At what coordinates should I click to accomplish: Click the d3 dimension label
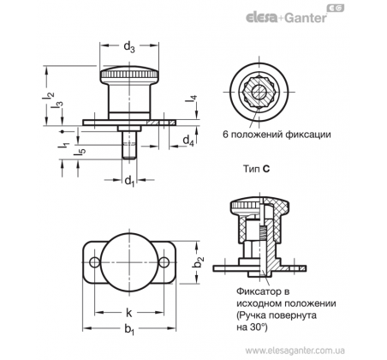(129, 47)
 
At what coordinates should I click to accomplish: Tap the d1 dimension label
(129, 181)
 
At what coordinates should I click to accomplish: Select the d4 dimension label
(188, 141)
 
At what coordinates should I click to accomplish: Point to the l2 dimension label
(49, 96)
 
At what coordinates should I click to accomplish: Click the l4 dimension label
(192, 99)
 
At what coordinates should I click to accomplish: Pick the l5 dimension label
(80, 152)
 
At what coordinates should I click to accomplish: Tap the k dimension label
(129, 313)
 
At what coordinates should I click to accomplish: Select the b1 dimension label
(129, 330)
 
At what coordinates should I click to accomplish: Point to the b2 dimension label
(198, 262)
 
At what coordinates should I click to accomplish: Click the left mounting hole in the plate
(94, 262)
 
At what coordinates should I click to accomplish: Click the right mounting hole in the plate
(164, 262)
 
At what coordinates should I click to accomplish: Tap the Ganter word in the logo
(305, 18)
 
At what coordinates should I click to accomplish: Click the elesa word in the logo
(261, 18)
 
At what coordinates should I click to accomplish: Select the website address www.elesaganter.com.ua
(295, 351)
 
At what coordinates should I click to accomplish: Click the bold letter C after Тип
(266, 169)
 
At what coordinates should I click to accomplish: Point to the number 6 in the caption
(225, 135)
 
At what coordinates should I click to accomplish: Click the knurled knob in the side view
(129, 74)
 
